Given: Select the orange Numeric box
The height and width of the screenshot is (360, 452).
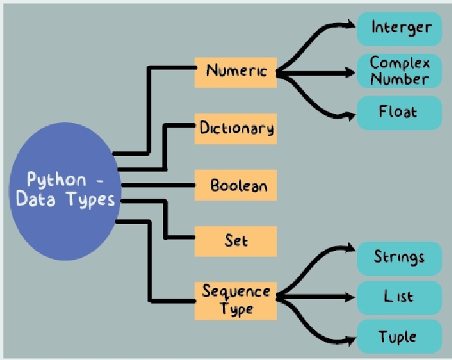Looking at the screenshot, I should [236, 71].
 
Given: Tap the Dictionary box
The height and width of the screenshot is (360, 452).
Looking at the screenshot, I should [236, 128].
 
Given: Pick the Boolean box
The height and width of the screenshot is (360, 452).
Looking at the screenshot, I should [236, 186].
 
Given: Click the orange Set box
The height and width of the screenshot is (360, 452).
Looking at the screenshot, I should [236, 241].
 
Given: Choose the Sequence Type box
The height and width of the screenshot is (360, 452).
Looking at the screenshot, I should [236, 300].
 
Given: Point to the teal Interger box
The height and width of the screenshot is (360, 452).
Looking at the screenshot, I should [399, 28].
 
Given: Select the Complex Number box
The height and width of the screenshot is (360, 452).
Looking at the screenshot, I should [399, 71].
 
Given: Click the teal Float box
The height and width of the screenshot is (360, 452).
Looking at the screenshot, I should [399, 112].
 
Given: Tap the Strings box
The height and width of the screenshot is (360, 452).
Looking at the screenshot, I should [399, 258].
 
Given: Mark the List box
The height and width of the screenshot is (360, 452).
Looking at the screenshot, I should [399, 298].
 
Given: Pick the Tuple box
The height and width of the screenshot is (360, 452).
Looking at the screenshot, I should [399, 337].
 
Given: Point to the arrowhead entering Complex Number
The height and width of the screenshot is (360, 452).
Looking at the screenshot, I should [351, 73].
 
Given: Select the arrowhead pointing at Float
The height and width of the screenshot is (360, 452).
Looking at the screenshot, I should [351, 116].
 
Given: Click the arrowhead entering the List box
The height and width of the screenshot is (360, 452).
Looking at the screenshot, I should [351, 298].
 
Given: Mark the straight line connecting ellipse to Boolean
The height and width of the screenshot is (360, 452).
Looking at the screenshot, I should [157, 186].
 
